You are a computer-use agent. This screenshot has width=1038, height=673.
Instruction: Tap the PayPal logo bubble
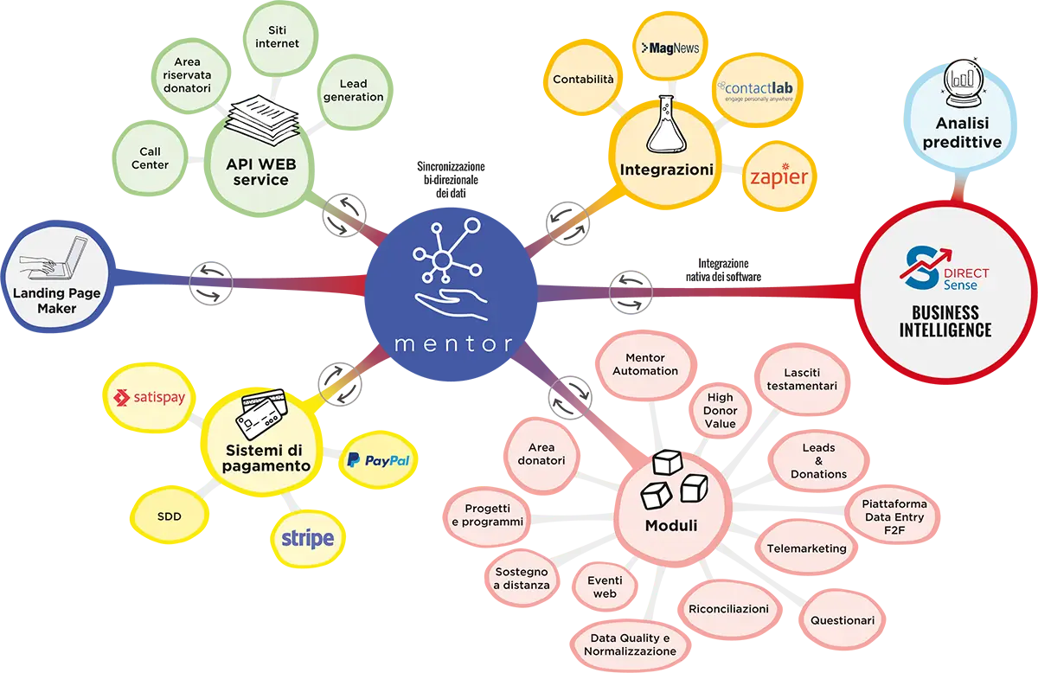pyautogui.click(x=378, y=461)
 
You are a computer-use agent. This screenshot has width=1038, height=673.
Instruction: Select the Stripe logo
pyautogui.click(x=306, y=539)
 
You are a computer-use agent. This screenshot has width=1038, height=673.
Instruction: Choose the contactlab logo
pyautogui.click(x=755, y=91)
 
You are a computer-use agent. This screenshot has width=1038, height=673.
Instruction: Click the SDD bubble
pyautogui.click(x=169, y=516)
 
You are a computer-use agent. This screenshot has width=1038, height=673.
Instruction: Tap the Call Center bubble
pyautogui.click(x=150, y=157)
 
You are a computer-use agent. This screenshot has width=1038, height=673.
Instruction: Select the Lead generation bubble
pyautogui.click(x=353, y=90)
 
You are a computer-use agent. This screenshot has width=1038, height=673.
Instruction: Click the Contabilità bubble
pyautogui.click(x=583, y=80)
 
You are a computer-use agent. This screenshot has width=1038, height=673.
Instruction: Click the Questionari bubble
pyautogui.click(x=842, y=620)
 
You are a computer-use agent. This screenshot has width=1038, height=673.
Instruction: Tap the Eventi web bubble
pyautogui.click(x=605, y=587)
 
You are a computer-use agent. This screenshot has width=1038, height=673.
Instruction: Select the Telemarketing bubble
pyautogui.click(x=806, y=548)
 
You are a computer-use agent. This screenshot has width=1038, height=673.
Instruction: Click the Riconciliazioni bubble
pyautogui.click(x=728, y=609)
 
